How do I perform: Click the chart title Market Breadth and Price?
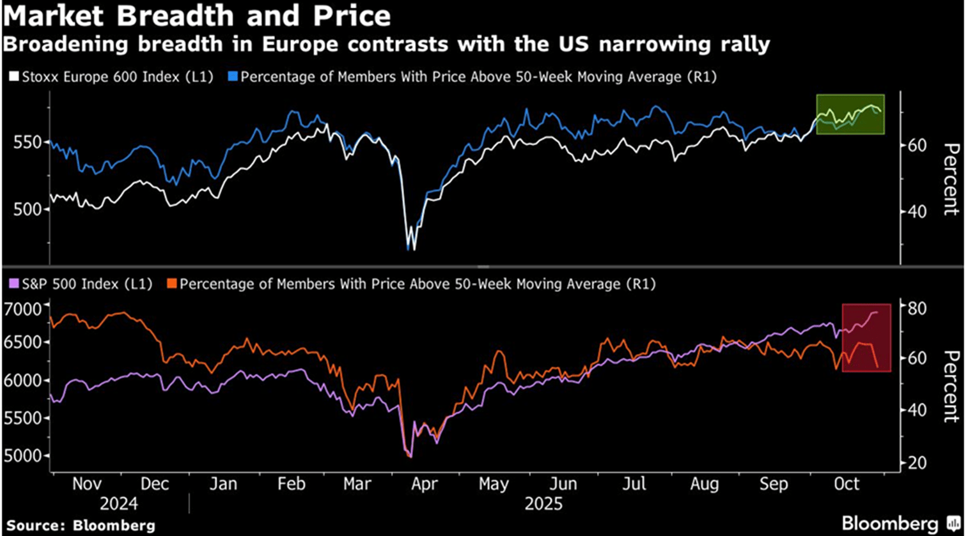[x=196, y=15]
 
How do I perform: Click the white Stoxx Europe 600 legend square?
[x=13, y=77]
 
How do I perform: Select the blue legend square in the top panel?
[x=232, y=77]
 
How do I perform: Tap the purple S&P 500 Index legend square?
[x=13, y=284]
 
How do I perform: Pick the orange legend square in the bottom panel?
[x=171, y=284]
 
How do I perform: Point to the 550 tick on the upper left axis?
[x=27, y=142]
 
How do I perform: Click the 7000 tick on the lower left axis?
[x=23, y=309]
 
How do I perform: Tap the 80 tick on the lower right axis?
[x=917, y=308]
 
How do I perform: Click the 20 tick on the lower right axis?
[x=917, y=463]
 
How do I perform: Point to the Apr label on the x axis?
[x=424, y=484]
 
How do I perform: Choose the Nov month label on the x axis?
[x=86, y=484]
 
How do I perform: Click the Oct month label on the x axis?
[x=847, y=484]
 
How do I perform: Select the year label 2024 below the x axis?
[x=118, y=504]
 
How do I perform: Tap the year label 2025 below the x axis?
[x=543, y=504]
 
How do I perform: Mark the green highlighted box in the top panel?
[x=850, y=114]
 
